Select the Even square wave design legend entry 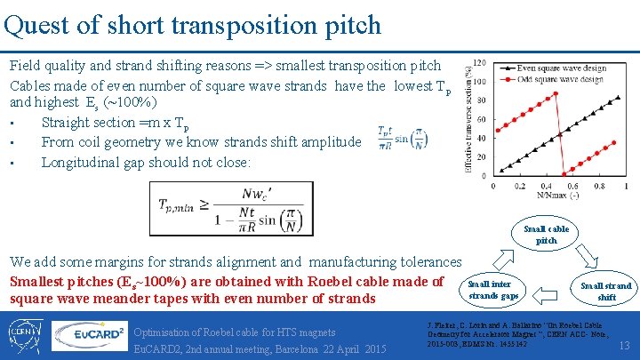pos(560,68)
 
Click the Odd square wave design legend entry pos(559,79)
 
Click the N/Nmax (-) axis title pos(559,195)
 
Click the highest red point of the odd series pos(556,93)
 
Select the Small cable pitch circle pos(546,235)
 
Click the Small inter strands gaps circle pos(492,290)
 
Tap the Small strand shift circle pos(605,291)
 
